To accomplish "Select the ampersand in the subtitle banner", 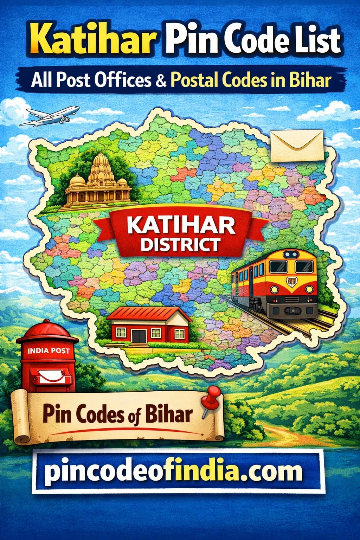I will [x=160, y=81].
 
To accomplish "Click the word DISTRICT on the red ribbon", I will [x=180, y=244].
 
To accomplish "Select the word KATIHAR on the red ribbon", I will [x=181, y=226].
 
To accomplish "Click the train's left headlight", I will [x=275, y=289].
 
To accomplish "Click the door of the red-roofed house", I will [x=140, y=335].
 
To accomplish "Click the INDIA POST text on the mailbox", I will [x=48, y=351].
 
